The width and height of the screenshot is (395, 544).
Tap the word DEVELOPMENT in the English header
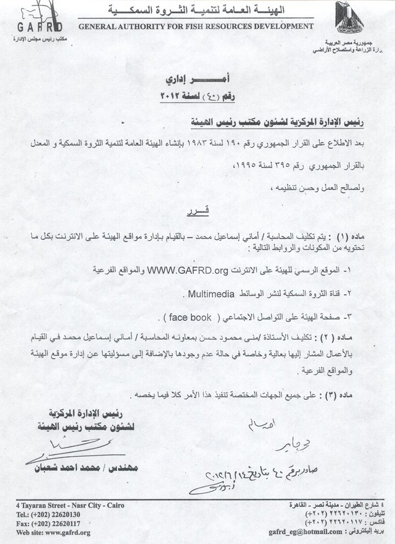coord(279,27)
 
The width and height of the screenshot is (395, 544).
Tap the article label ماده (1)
coord(351,236)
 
